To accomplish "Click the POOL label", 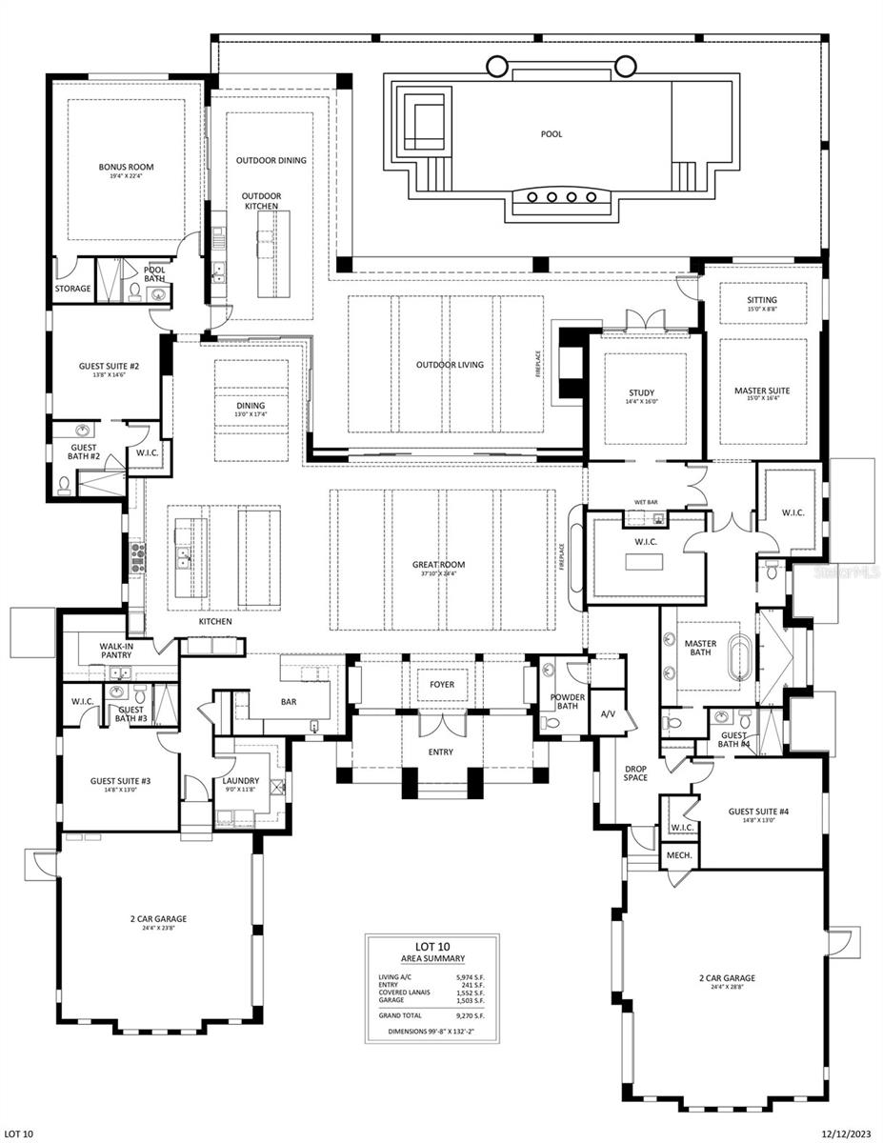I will coord(551,134).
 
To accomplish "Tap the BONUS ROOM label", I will coord(126,168).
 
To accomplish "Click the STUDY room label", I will coord(641,393).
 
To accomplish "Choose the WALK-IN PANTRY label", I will coord(115,651).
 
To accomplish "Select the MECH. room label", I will coord(679,855).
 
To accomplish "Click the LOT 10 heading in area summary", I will coord(431,948).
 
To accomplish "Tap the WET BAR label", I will coord(647,502).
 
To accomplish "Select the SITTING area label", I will coord(761,301).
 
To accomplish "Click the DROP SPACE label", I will coord(635,772).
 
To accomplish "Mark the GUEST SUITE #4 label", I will coord(759,812).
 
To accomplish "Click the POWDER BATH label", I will coord(567,702).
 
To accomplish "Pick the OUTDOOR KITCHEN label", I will coord(260,201).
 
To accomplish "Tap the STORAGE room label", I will coord(72,289).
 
